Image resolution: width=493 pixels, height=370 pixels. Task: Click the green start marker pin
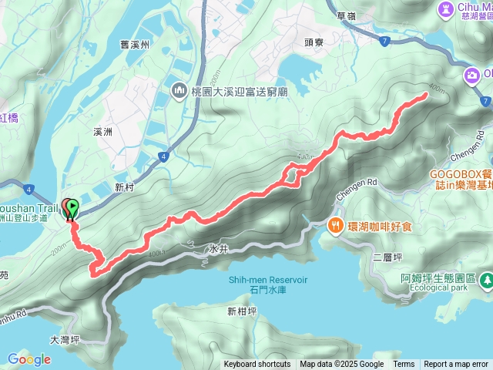pyautogui.click(x=72, y=207)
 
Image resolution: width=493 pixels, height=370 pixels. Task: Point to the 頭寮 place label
pyautogui.click(x=315, y=43)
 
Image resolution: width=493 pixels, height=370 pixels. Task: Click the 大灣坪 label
pyautogui.click(x=65, y=339)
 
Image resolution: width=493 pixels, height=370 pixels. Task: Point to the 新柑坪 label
pyautogui.click(x=243, y=311)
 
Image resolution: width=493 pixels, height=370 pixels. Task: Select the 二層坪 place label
pyautogui.click(x=384, y=257)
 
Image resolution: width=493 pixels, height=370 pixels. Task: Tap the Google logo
pyautogui.click(x=29, y=359)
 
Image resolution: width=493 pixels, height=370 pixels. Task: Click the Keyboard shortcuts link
pyautogui.click(x=257, y=365)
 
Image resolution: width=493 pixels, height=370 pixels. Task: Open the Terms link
pyautogui.click(x=404, y=365)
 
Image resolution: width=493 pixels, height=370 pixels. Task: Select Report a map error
pyautogui.click(x=456, y=365)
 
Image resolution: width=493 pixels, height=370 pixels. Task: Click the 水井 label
pyautogui.click(x=217, y=250)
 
